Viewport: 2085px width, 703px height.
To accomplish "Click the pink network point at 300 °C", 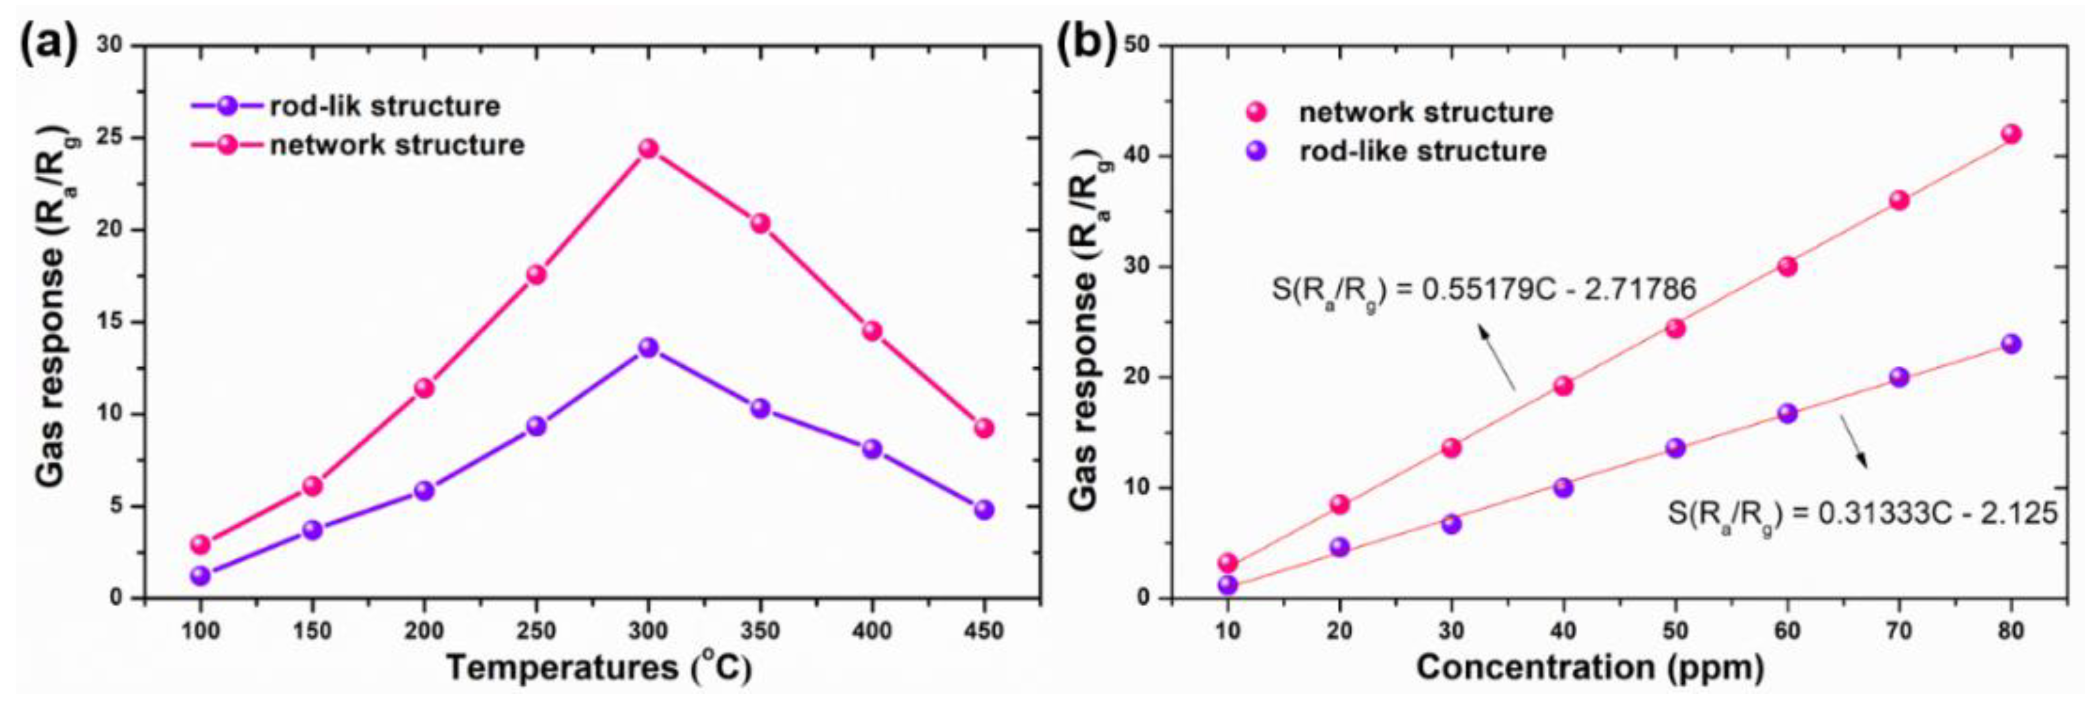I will (x=648, y=149).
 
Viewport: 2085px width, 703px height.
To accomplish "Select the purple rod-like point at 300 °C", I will (x=648, y=348).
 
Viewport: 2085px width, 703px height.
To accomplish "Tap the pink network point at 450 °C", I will (x=984, y=428).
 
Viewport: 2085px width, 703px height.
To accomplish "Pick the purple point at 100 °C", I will (x=201, y=575).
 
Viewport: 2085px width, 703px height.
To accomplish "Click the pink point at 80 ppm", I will (x=2010, y=135).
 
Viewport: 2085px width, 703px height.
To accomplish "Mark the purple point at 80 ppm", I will (x=2010, y=344).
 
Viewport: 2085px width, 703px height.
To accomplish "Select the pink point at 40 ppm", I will (x=1563, y=386).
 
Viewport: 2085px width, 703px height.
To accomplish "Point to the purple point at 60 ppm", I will (x=1787, y=413).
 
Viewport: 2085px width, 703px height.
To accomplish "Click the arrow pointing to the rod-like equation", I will (x=1854, y=442).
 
